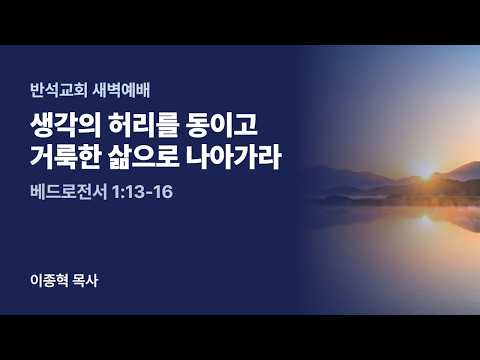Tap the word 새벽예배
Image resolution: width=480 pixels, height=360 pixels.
(x=121, y=90)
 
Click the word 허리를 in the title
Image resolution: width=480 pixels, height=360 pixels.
(x=144, y=125)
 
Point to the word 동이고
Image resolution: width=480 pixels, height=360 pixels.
(x=222, y=125)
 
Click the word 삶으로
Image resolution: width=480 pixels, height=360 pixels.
(x=144, y=157)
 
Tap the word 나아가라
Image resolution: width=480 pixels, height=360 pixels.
(x=234, y=157)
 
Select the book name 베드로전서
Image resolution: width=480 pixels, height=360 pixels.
(x=68, y=192)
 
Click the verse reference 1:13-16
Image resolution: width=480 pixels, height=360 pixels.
(x=142, y=192)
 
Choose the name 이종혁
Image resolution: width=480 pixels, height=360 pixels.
(x=49, y=280)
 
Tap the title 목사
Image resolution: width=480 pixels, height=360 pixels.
(x=85, y=280)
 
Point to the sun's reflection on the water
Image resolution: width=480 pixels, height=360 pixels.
(x=425, y=220)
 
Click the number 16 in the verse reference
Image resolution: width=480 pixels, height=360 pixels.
(x=163, y=192)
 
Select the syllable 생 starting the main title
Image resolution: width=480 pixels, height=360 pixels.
(x=42, y=125)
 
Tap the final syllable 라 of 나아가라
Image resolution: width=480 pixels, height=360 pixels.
(x=269, y=157)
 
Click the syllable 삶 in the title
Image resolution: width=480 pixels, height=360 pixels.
(x=120, y=157)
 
